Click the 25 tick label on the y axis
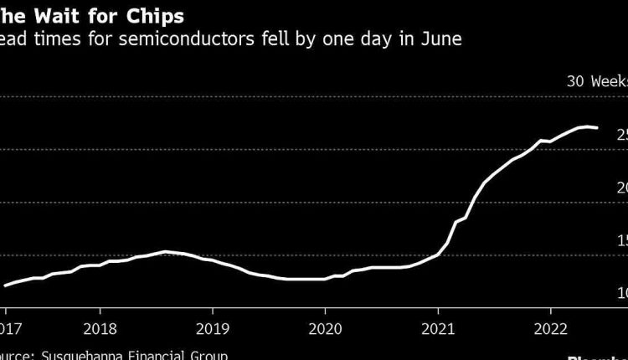[x=620, y=135]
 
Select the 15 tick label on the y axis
[x=620, y=241]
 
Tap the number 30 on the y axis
[x=575, y=82]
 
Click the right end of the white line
[x=597, y=128]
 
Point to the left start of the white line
[x=5, y=285]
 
